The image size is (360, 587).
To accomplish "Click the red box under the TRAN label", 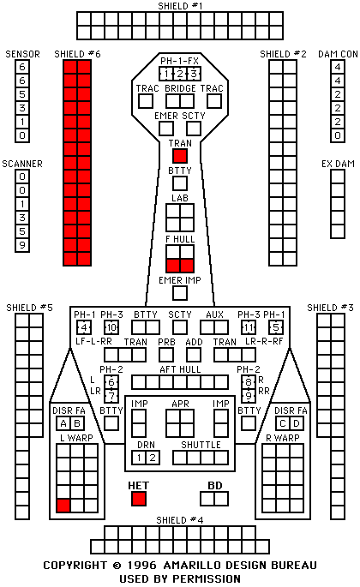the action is click(180, 156).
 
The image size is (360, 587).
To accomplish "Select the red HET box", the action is click(139, 499).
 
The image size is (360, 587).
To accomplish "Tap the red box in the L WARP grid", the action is click(63, 506).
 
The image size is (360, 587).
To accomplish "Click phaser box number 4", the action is click(84, 327).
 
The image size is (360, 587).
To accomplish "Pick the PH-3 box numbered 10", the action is click(111, 327).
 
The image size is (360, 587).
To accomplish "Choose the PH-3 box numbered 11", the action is click(249, 327).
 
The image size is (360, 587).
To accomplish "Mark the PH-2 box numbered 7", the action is click(111, 396).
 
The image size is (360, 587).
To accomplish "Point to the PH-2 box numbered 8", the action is click(249, 382).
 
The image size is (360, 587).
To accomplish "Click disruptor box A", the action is click(63, 423).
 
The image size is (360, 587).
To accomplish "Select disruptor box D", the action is click(297, 423).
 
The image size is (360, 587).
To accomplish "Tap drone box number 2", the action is click(153, 458).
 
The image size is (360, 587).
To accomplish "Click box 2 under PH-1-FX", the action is click(180, 74).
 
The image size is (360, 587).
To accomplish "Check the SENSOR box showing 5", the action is click(22, 94).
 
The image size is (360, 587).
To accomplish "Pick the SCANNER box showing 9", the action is click(22, 245).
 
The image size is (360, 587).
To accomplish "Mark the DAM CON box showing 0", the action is click(338, 135).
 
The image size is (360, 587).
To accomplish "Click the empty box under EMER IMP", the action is click(180, 293).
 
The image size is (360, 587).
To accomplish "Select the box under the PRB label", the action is click(166, 355).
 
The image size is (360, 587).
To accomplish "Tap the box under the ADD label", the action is click(194, 355).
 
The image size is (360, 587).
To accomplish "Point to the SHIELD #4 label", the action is click(180, 520).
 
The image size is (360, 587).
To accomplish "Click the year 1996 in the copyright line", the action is click(141, 565).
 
